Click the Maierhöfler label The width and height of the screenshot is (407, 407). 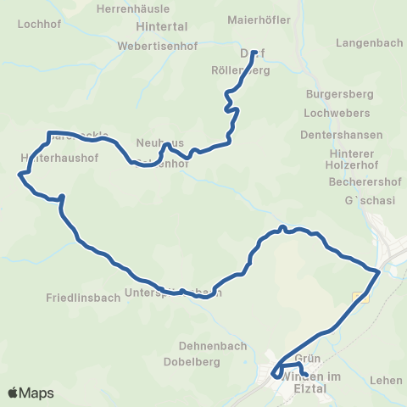click(259, 20)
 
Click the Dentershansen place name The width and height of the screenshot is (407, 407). click(342, 135)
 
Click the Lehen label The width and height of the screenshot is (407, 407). click(387, 381)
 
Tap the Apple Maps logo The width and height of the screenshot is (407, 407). click(31, 393)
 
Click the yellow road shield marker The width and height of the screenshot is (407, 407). click(360, 297)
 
